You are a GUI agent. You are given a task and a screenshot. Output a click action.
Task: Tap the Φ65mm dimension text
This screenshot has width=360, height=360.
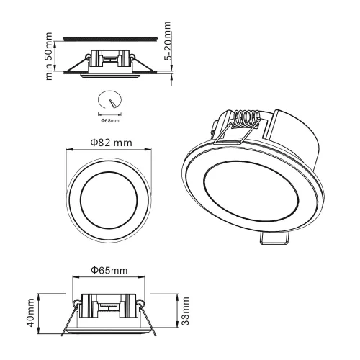tap(109, 271)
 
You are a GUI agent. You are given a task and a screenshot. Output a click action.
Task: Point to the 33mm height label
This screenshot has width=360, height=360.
tap(186, 310)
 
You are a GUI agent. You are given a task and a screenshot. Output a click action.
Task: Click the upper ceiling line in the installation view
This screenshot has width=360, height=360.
tap(109, 37)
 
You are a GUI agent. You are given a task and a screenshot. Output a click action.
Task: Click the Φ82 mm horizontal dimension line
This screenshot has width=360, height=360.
tap(109, 150)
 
